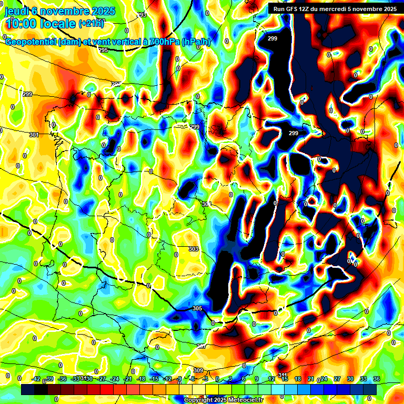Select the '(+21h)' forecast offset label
(x=91, y=23)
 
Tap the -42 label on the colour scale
(x=36, y=379)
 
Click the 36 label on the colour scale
(x=376, y=379)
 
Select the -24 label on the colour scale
(x=115, y=379)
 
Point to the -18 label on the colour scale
(x=141, y=379)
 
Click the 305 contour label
(x=197, y=308)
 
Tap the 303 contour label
(x=194, y=249)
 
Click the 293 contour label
(x=142, y=15)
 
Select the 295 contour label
(x=103, y=50)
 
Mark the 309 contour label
(x=198, y=370)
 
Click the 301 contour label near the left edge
(x=34, y=135)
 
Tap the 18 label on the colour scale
(x=297, y=379)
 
